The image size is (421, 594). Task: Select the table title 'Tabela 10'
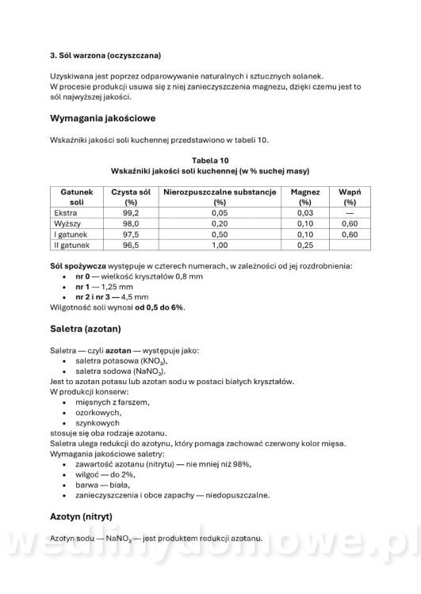click(210, 160)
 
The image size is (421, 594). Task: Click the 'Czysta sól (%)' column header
click(131, 196)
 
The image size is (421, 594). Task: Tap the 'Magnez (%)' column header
click(305, 196)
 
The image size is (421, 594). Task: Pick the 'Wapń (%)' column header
click(350, 196)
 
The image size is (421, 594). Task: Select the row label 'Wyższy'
click(67, 224)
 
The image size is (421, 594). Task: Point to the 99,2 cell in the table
click(131, 213)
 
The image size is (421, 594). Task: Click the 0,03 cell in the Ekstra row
click(305, 213)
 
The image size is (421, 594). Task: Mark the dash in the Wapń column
click(350, 213)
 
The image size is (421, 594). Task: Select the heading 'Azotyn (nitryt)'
click(92, 516)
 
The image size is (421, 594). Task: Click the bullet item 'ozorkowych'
click(98, 413)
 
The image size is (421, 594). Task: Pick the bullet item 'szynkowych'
click(98, 423)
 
